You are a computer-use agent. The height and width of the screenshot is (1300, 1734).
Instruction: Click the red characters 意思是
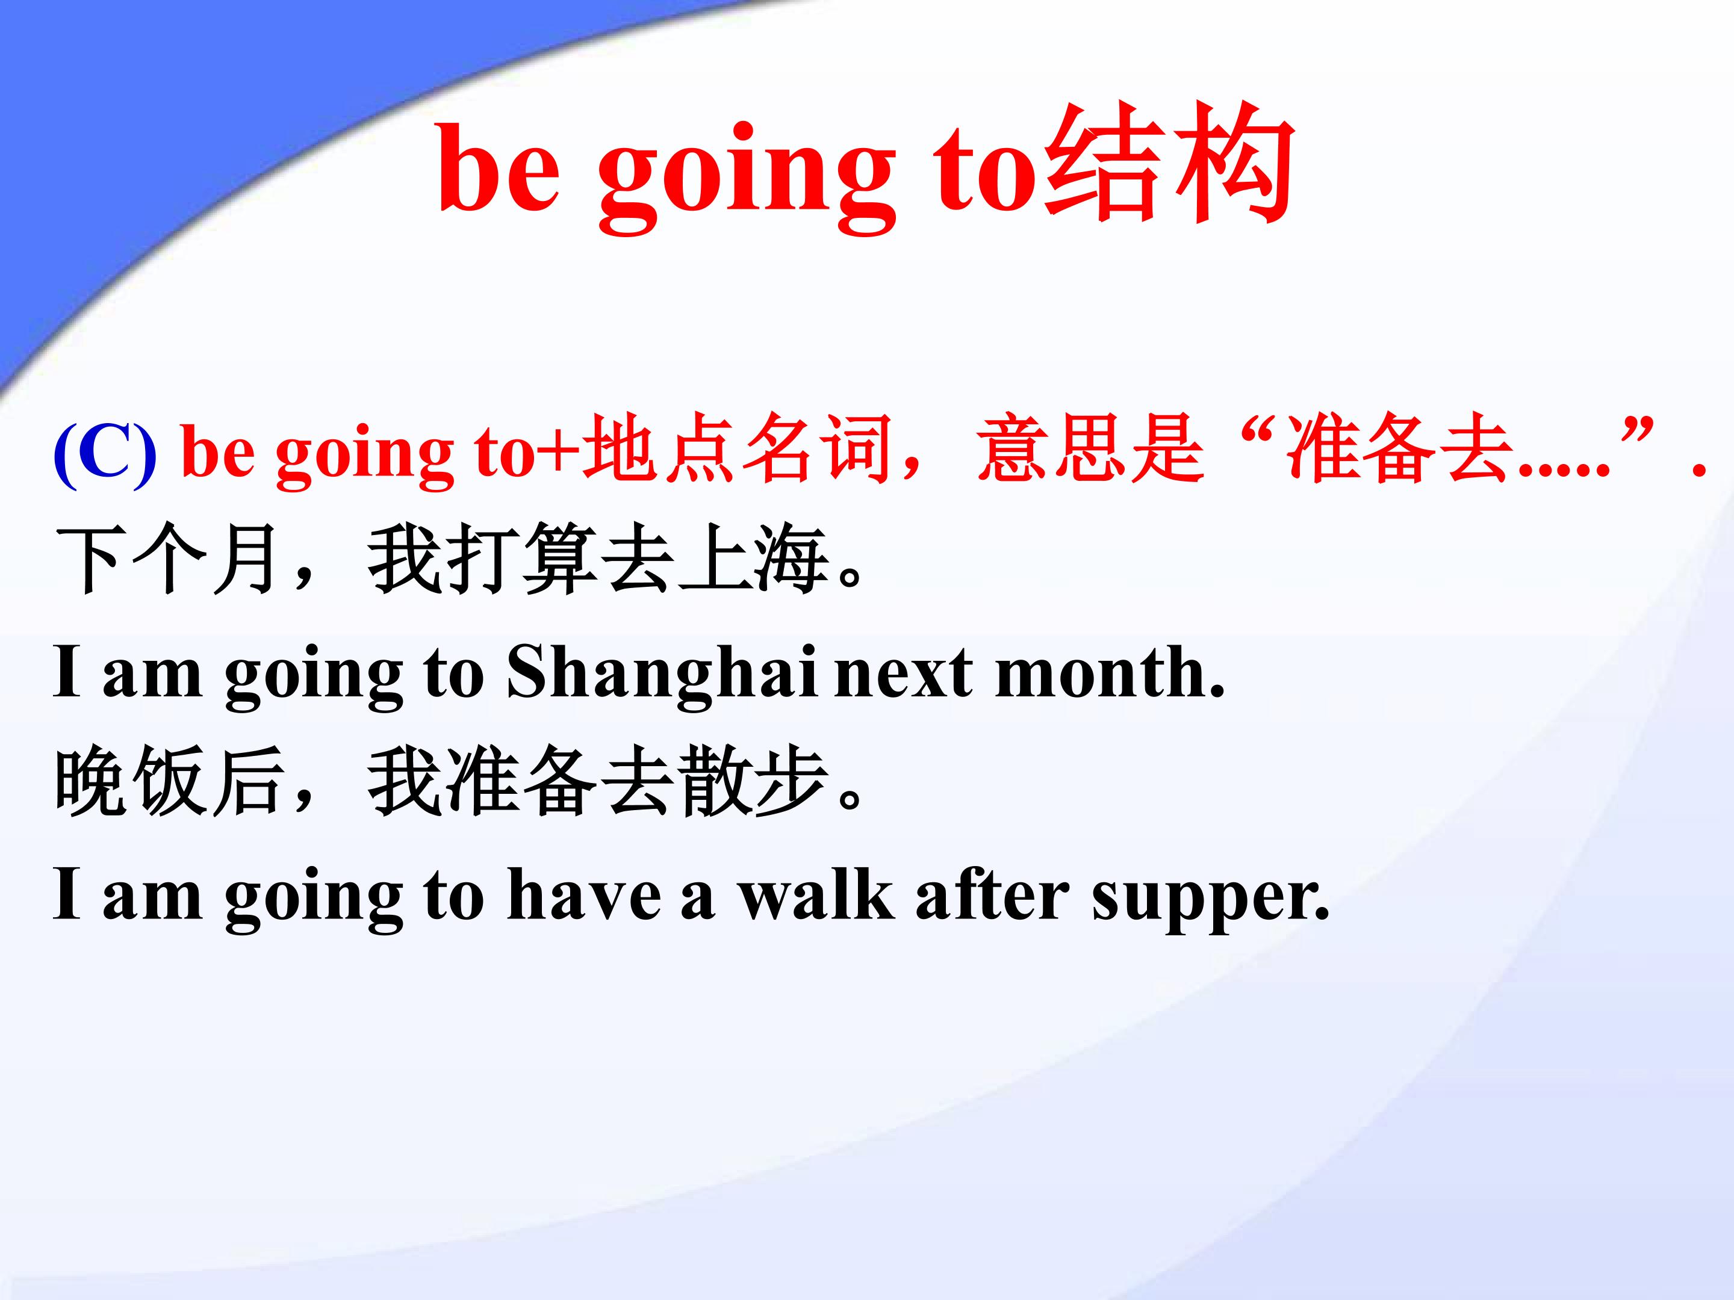pyautogui.click(x=1091, y=452)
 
